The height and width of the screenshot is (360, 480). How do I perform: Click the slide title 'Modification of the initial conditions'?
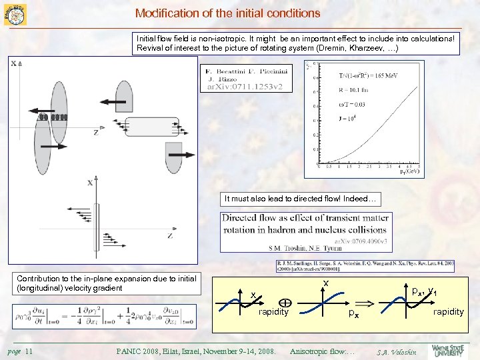[227, 13]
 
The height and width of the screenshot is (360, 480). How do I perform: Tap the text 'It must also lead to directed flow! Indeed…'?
[301, 199]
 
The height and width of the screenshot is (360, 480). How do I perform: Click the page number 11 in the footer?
[29, 351]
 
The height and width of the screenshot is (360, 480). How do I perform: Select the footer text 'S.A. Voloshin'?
[397, 351]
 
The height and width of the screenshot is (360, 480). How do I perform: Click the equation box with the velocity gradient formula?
[104, 316]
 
